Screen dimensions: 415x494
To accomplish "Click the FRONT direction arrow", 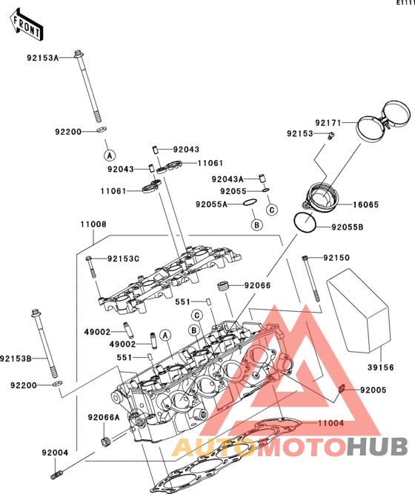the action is [26, 24].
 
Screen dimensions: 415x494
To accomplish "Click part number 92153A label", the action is [43, 58].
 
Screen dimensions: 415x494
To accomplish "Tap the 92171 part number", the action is [328, 123].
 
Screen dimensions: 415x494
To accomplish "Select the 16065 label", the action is [365, 204].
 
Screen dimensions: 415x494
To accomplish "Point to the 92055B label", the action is [348, 227].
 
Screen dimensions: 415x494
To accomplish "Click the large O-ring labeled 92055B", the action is [305, 222].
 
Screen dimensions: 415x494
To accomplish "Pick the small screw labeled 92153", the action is [331, 136].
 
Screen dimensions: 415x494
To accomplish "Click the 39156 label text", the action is [381, 367].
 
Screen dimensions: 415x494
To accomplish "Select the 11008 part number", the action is [93, 224].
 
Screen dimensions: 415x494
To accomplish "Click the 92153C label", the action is [123, 258].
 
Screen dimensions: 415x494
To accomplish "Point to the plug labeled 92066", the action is [223, 286].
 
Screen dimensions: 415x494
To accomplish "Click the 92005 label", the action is [373, 390].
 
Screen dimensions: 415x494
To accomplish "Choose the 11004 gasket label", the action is [331, 423].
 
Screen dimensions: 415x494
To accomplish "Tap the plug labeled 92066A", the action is [105, 441].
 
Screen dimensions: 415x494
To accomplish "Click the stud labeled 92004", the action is [56, 474].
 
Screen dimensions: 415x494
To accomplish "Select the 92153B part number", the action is [16, 358].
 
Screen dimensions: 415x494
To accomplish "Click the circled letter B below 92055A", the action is [257, 225].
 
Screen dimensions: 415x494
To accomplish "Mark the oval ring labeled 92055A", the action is [250, 202].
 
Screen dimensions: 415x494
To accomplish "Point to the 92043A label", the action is [228, 179].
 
